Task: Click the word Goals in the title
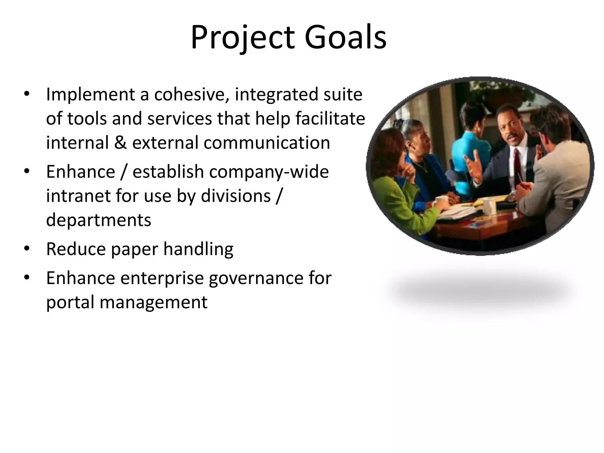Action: (345, 38)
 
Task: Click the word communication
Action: (267, 142)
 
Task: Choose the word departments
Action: (99, 220)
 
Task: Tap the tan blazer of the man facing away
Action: (554, 183)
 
